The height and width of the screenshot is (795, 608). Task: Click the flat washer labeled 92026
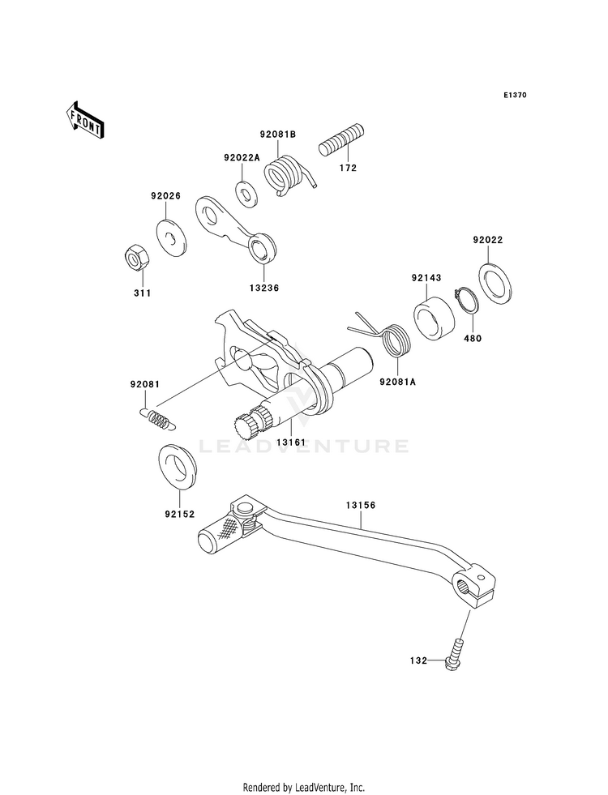click(x=170, y=237)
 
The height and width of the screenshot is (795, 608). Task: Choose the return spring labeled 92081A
click(x=391, y=338)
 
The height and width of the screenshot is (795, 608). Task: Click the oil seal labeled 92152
click(x=178, y=467)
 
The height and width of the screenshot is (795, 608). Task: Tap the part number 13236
click(x=263, y=288)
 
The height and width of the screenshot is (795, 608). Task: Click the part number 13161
click(x=291, y=442)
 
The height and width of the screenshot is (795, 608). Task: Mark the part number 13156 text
click(x=361, y=506)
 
